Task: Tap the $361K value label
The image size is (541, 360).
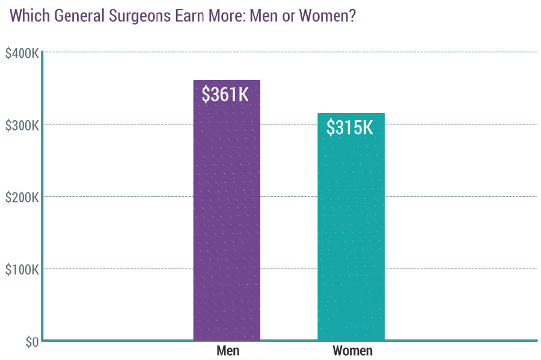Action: (225, 94)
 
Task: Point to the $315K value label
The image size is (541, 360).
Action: (350, 127)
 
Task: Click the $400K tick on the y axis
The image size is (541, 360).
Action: (22, 53)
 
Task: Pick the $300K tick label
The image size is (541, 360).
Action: (22, 125)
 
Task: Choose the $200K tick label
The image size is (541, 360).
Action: (22, 197)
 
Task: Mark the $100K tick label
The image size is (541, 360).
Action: (22, 269)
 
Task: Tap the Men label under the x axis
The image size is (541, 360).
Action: (228, 351)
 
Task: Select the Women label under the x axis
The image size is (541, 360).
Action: (352, 351)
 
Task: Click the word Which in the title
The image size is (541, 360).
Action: (29, 16)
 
